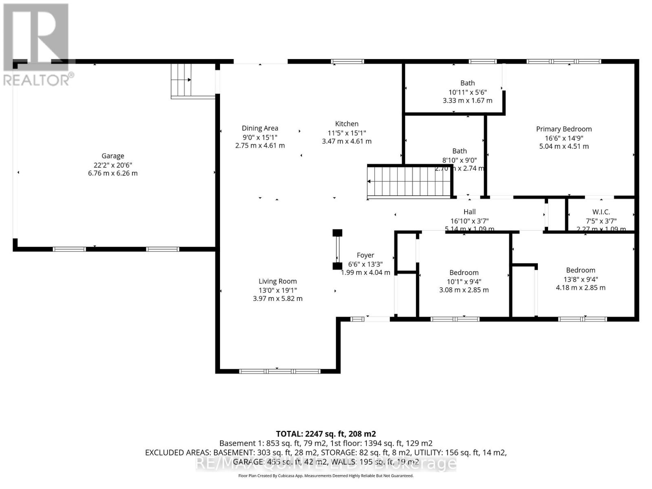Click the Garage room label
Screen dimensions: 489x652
tap(113, 156)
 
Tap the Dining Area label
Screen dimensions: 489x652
tap(260, 128)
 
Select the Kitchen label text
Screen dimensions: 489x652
tap(347, 124)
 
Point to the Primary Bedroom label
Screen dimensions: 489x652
tap(564, 129)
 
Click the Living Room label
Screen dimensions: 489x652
tap(278, 281)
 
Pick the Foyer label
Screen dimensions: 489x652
tap(365, 255)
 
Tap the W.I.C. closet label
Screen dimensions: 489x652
tap(601, 212)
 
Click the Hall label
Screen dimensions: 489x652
tap(469, 211)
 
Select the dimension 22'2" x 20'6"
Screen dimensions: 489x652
tap(113, 165)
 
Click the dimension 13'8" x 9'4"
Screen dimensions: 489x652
tap(581, 279)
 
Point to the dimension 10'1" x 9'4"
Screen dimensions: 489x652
tap(464, 282)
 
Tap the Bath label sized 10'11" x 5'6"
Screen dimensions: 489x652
tap(467, 83)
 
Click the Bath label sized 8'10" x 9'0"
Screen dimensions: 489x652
tap(459, 151)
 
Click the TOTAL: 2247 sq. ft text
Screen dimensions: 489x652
tap(326, 434)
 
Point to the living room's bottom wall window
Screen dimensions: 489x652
tap(279, 371)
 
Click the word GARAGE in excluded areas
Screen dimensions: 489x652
tap(248, 462)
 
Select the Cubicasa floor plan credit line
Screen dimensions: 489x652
tap(326, 476)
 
